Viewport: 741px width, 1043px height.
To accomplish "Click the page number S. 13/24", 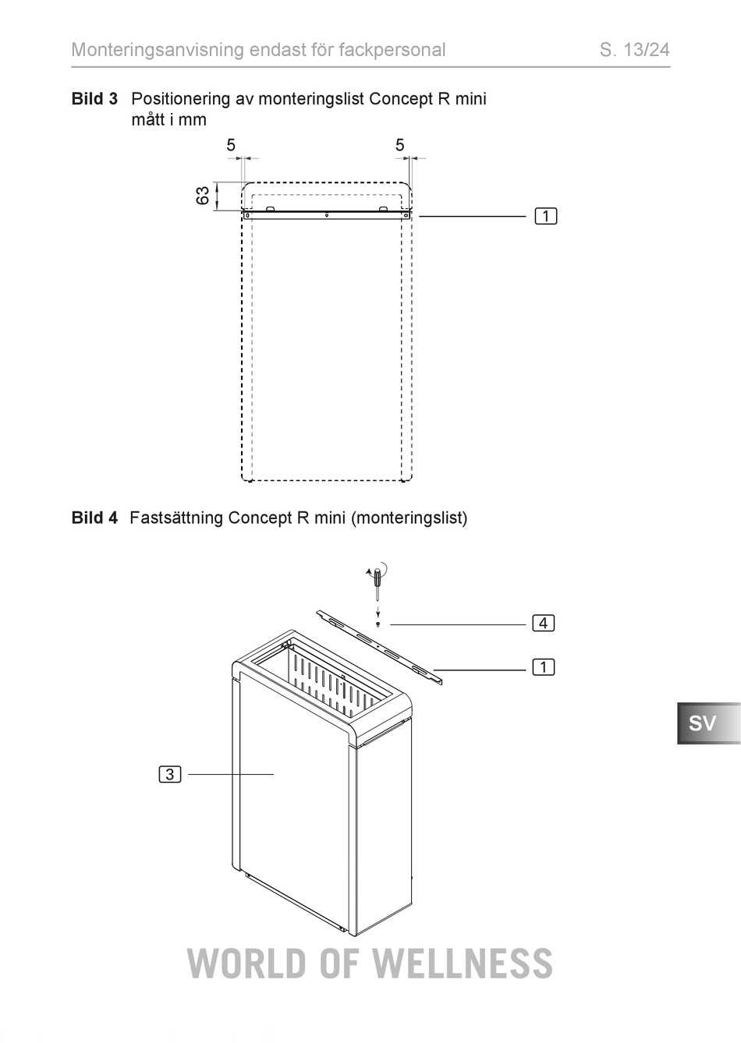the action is [634, 50].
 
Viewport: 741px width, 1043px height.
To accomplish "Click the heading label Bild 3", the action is [94, 99].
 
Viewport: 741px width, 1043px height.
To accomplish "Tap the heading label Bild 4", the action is [94, 518].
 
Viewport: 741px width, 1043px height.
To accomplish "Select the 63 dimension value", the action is [203, 196].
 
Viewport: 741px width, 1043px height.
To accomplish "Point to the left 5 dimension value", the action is [231, 145].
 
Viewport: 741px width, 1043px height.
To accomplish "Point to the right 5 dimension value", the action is [399, 145].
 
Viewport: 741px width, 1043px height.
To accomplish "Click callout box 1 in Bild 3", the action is [546, 217].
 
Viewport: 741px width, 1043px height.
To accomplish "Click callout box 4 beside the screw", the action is [544, 623].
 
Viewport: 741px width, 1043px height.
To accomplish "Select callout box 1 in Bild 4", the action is [544, 667].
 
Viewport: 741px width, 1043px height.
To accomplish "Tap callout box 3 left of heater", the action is [170, 774].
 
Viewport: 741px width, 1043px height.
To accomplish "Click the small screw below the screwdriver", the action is [378, 624].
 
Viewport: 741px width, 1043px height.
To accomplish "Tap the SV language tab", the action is [708, 723].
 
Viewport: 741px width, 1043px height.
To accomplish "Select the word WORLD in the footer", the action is [247, 963].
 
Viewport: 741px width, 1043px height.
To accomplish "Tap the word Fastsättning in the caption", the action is [176, 518].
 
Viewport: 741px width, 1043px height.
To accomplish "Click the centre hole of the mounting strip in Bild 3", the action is [327, 216].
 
